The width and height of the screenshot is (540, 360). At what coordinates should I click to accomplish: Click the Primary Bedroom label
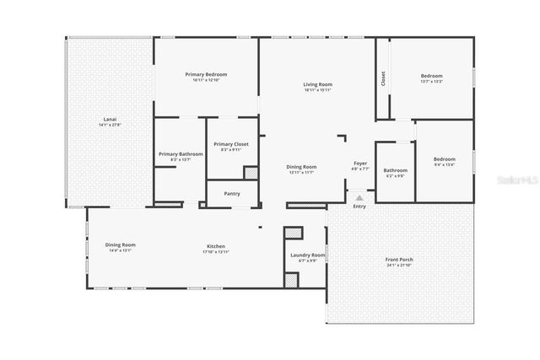pyautogui.click(x=206, y=74)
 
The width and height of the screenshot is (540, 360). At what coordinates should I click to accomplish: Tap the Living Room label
pyautogui.click(x=318, y=84)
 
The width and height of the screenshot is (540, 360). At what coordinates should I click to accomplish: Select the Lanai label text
pyautogui.click(x=110, y=120)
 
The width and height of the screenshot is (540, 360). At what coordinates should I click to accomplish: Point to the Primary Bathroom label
pyautogui.click(x=181, y=154)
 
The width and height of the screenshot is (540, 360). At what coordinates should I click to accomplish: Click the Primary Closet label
pyautogui.click(x=230, y=145)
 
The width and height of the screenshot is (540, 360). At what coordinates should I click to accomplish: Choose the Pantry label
pyautogui.click(x=232, y=193)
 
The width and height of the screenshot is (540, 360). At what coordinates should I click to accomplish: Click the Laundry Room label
pyautogui.click(x=307, y=255)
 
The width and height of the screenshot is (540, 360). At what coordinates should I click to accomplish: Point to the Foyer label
pyautogui.click(x=360, y=164)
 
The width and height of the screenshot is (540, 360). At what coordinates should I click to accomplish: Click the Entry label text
pyautogui.click(x=359, y=206)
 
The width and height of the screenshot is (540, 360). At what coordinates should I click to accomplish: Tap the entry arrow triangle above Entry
pyautogui.click(x=359, y=197)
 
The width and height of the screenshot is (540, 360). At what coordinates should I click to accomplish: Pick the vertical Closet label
pyautogui.click(x=384, y=78)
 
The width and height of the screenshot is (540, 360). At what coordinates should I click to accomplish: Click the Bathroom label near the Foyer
pyautogui.click(x=396, y=170)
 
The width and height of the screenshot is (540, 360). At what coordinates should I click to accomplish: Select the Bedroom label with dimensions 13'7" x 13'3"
pyautogui.click(x=431, y=77)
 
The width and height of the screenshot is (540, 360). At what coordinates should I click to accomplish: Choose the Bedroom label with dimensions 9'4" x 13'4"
pyautogui.click(x=444, y=159)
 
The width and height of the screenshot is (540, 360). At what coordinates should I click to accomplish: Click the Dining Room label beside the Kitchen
pyautogui.click(x=121, y=245)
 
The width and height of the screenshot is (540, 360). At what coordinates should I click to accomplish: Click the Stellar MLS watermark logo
pyautogui.click(x=517, y=180)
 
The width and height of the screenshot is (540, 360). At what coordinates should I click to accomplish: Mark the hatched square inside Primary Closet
pyautogui.click(x=251, y=172)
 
